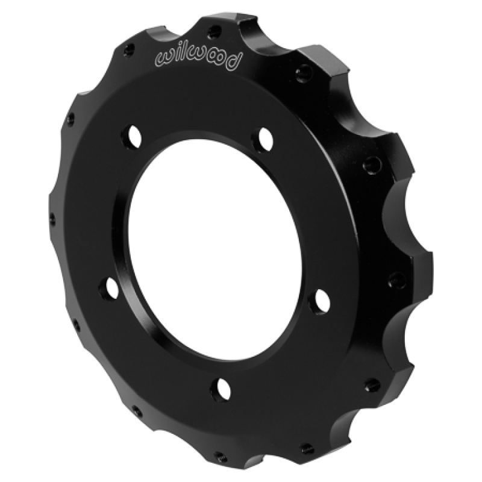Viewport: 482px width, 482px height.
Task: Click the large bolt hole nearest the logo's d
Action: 265,139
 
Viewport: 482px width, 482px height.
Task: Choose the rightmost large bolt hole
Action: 321,300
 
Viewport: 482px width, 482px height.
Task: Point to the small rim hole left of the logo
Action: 127,51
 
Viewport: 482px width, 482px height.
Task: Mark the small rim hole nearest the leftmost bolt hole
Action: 76,325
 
